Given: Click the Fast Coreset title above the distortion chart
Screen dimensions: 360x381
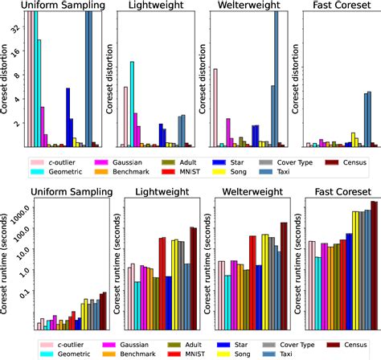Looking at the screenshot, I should pos(331,6).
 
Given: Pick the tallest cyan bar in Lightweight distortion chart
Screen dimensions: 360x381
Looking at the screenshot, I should pos(131,104).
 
